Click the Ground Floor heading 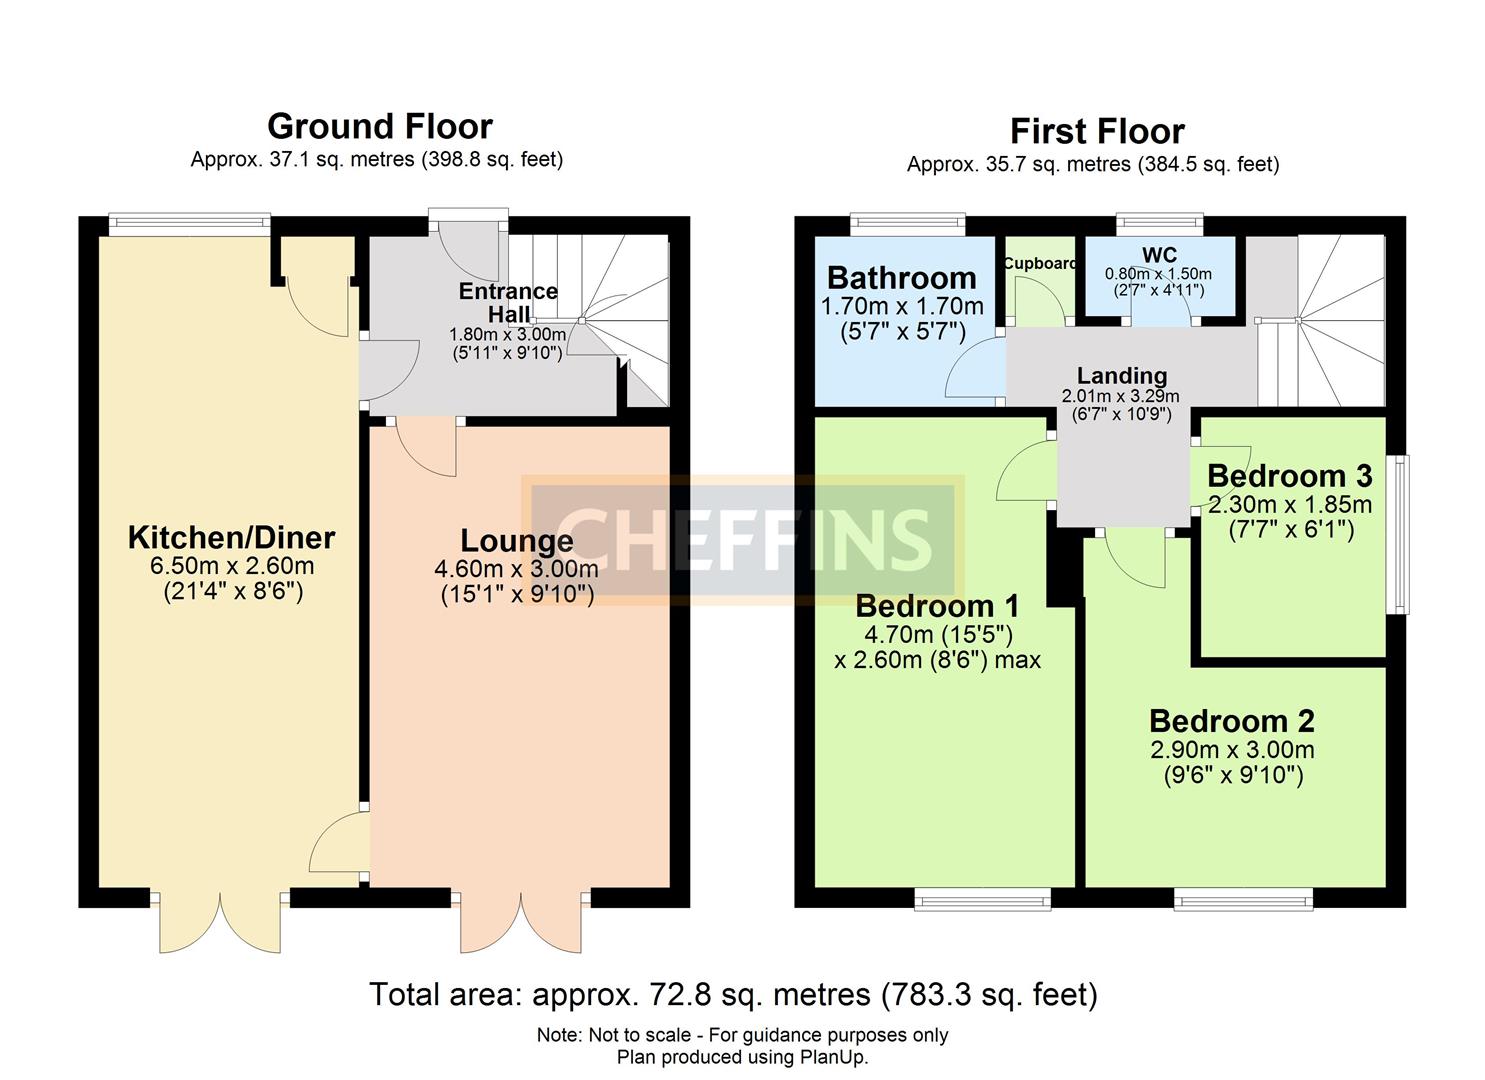tap(379, 127)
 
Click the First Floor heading tap(1096, 132)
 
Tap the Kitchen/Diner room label tap(231, 538)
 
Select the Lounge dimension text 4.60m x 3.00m tap(516, 570)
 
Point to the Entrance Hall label tap(508, 302)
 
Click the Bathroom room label tap(901, 278)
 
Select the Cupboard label tap(1039, 264)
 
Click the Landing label tap(1121, 376)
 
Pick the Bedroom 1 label tap(937, 606)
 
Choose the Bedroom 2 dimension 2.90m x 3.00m tap(1232, 750)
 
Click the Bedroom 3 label tap(1289, 476)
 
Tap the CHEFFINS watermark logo tap(742, 540)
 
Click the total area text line tap(733, 994)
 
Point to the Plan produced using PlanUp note tap(742, 1057)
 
